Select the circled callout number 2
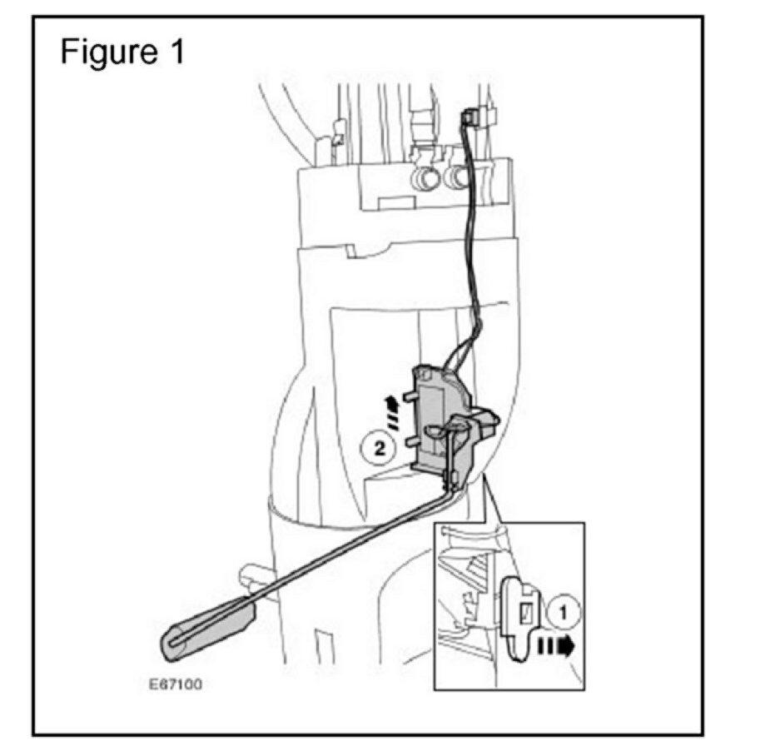(380, 450)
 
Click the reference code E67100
(176, 687)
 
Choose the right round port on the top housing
(456, 177)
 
